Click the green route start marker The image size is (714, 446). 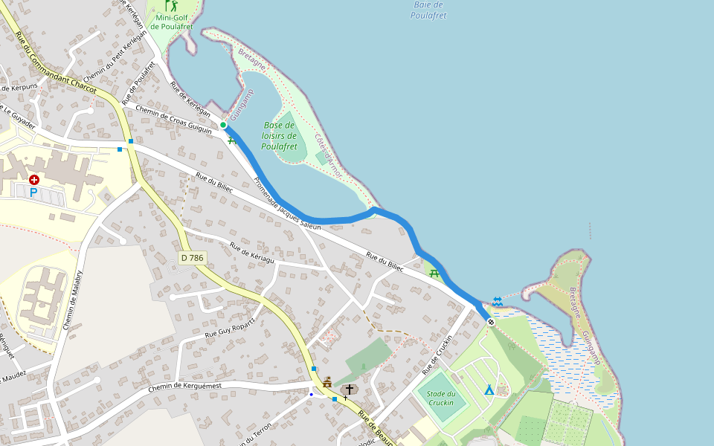click(x=223, y=125)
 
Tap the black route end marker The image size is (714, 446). click(x=491, y=321)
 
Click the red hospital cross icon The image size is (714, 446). click(x=34, y=180)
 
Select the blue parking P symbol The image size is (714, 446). click(x=33, y=193)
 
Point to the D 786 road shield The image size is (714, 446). click(x=192, y=258)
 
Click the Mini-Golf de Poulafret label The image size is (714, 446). click(x=172, y=22)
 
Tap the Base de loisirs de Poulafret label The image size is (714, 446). click(x=279, y=136)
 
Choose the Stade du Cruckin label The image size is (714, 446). click(x=441, y=398)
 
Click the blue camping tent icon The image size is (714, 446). click(x=489, y=390)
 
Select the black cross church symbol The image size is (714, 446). click(x=349, y=390)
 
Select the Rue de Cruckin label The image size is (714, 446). click(x=437, y=354)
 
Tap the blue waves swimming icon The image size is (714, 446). click(x=497, y=301)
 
